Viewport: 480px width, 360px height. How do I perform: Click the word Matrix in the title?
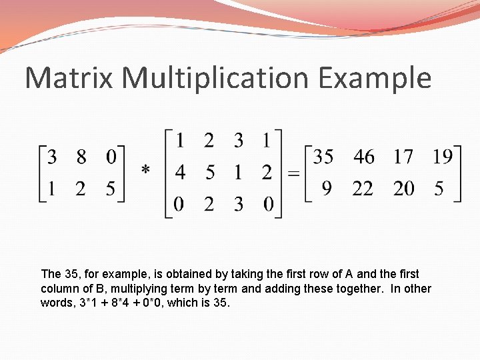(x=70, y=78)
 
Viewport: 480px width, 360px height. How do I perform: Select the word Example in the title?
(x=375, y=78)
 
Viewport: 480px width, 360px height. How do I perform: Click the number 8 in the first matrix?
(x=81, y=158)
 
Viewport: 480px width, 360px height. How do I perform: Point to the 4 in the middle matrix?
(x=180, y=173)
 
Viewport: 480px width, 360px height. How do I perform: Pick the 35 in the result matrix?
(x=323, y=158)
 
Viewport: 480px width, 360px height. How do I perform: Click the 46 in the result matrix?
(x=364, y=158)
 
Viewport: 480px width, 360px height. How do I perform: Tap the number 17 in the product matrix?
(x=403, y=158)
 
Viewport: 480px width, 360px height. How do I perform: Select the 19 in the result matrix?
(x=442, y=158)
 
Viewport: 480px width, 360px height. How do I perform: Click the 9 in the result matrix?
(x=326, y=189)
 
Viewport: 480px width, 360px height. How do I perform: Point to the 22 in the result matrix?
(x=363, y=189)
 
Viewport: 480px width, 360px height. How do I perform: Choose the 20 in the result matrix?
(x=404, y=189)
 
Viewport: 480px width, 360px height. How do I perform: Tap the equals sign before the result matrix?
(x=293, y=173)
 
